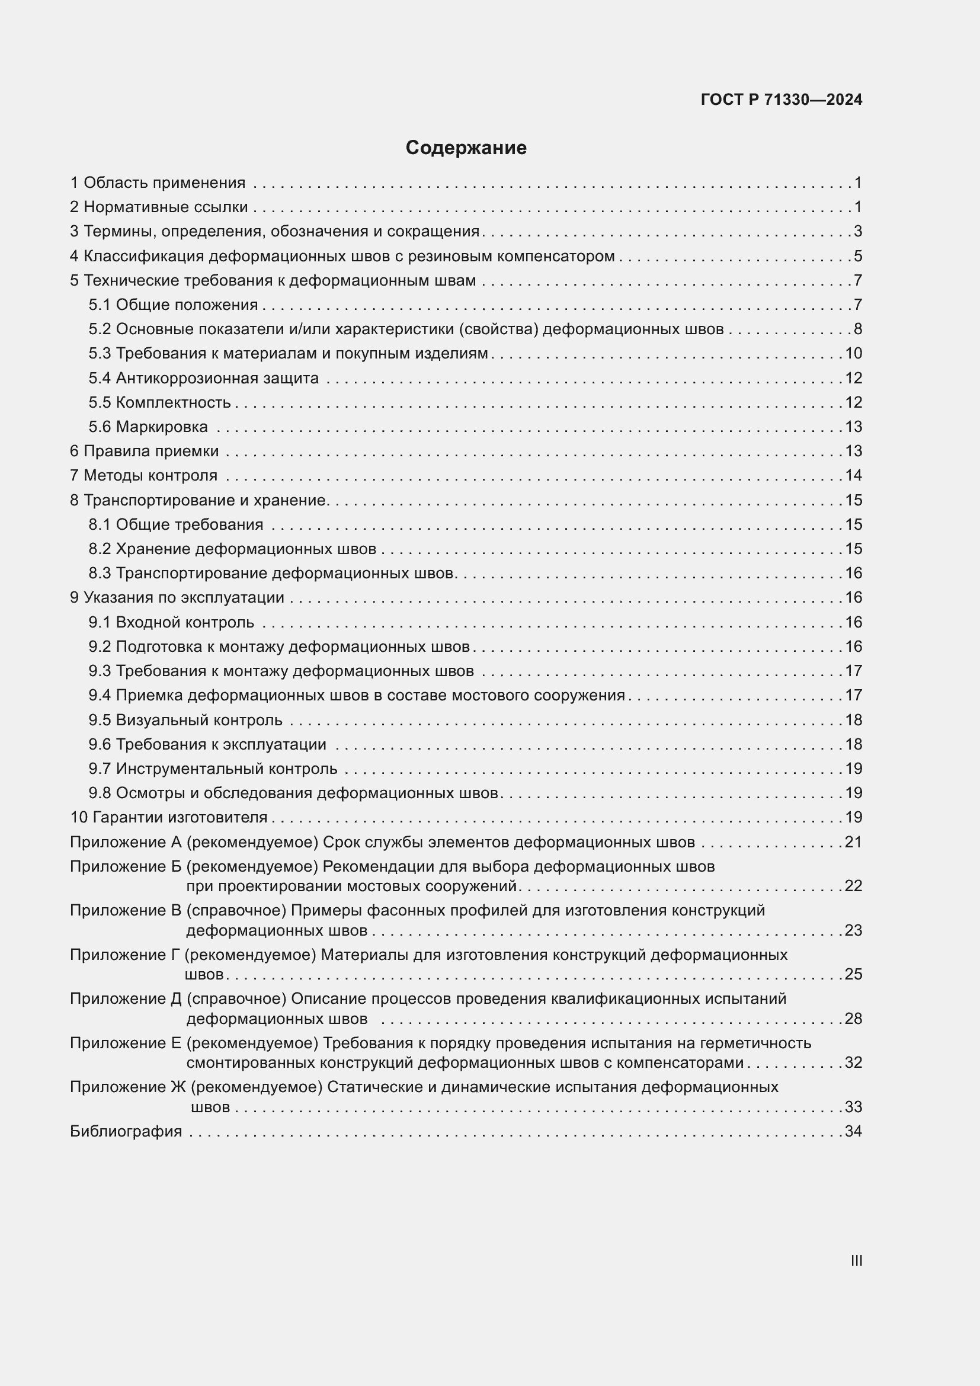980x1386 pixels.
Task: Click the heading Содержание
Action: pyautogui.click(x=466, y=148)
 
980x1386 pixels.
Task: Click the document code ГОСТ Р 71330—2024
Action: pyautogui.click(x=782, y=100)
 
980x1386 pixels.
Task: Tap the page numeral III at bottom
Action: pyautogui.click(x=856, y=1260)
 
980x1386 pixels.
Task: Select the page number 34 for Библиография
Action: pyautogui.click(x=853, y=1131)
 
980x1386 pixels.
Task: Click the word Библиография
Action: pyautogui.click(x=126, y=1131)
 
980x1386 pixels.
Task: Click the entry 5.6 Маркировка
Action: pyautogui.click(x=148, y=427)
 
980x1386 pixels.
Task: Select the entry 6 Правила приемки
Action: pyautogui.click(x=144, y=451)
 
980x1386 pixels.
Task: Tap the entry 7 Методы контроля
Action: pyautogui.click(x=143, y=476)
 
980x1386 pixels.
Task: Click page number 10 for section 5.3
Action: pyautogui.click(x=853, y=354)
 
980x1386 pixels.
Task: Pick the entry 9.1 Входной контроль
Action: pyautogui.click(x=171, y=622)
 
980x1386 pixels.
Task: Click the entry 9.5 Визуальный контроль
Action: pyautogui.click(x=185, y=720)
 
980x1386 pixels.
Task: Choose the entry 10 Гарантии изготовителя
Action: pyautogui.click(x=168, y=817)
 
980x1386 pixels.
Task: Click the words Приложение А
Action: pyautogui.click(x=126, y=842)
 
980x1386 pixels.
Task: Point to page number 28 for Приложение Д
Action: pyautogui.click(x=853, y=1019)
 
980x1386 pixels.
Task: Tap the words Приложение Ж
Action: pyautogui.click(x=128, y=1087)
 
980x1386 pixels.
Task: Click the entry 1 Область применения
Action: pyautogui.click(x=158, y=183)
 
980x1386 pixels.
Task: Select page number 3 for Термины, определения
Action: pyautogui.click(x=857, y=232)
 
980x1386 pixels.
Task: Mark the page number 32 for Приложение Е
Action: pyautogui.click(x=853, y=1062)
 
